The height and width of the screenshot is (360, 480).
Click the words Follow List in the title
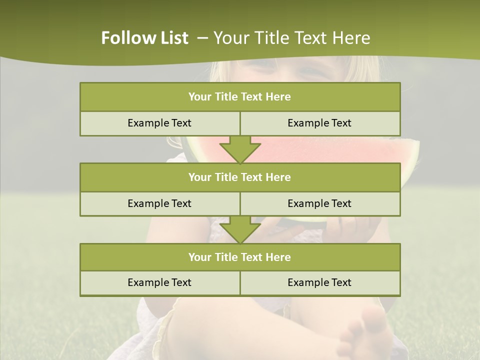click(x=144, y=38)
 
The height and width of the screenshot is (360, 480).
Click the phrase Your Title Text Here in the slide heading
click(x=291, y=38)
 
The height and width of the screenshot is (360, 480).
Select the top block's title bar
click(x=240, y=97)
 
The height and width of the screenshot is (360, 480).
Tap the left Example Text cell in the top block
click(x=159, y=123)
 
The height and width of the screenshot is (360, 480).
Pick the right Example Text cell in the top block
click(x=319, y=123)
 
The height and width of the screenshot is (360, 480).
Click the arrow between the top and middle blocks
click(x=240, y=149)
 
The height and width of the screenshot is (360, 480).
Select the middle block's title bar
click(x=240, y=177)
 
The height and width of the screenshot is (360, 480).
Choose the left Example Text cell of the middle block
click(x=159, y=203)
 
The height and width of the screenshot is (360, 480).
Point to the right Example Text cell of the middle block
click(x=319, y=203)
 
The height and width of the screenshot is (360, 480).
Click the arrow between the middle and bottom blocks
click(x=240, y=229)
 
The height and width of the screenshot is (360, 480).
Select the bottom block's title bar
click(x=240, y=257)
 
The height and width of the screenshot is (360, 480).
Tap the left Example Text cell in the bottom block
click(x=159, y=282)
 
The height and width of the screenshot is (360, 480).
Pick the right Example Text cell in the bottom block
click(x=319, y=282)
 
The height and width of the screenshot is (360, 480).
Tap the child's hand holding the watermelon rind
click(x=350, y=227)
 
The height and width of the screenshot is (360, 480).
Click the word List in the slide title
click(x=173, y=38)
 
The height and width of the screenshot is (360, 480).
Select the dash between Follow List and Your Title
click(x=202, y=38)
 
